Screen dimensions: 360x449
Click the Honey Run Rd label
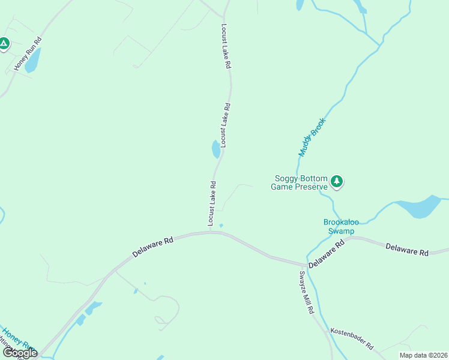pyautogui.click(x=28, y=55)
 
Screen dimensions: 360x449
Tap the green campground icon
pyautogui.click(x=4, y=44)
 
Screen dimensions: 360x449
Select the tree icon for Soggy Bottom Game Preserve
pyautogui.click(x=337, y=181)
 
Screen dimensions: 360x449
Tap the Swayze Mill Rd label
pyautogui.click(x=306, y=292)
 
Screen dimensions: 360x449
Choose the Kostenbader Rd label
pyautogui.click(x=351, y=339)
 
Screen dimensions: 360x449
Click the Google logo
pyautogui.click(x=20, y=353)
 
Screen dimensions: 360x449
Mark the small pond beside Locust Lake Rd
pyautogui.click(x=215, y=149)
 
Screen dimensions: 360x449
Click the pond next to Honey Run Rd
pyautogui.click(x=32, y=61)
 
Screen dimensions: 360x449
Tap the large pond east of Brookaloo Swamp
pyautogui.click(x=420, y=207)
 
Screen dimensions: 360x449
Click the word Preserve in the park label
pyautogui.click(x=312, y=187)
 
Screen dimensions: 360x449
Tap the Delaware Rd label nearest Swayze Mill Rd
pyautogui.click(x=327, y=254)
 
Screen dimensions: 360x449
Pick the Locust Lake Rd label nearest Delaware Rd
pyautogui.click(x=211, y=204)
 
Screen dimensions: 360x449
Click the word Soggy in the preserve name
pyautogui.click(x=287, y=178)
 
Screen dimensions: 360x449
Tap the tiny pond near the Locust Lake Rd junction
pyautogui.click(x=221, y=226)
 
